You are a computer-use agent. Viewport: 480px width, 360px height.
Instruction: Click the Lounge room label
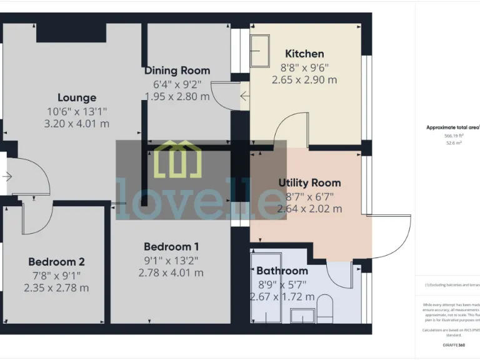pos(77,97)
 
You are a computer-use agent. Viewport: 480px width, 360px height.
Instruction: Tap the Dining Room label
pos(177,70)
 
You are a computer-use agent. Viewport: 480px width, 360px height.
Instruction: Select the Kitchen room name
pos(304,54)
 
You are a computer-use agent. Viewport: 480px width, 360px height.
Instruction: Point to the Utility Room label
pos(309,182)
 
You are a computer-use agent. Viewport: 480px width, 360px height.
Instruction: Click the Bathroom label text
pos(282,271)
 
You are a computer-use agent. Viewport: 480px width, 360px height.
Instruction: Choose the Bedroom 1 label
pos(171,246)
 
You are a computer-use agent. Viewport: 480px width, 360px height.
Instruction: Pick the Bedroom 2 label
pos(56,262)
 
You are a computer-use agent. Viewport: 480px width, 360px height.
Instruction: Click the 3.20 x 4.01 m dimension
pos(77,124)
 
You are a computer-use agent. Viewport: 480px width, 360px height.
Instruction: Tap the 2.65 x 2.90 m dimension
pos(304,80)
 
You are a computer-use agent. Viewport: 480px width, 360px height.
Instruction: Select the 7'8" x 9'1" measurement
pos(56,275)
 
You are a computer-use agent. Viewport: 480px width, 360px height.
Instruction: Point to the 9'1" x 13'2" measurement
pos(171,259)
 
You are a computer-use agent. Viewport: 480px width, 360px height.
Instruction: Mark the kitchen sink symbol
pos(260,47)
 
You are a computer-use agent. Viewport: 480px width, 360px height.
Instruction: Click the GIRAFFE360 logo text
pos(453,344)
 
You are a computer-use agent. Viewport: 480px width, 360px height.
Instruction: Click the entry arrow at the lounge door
pos(7,177)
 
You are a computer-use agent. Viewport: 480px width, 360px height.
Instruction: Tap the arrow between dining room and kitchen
pos(244,96)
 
